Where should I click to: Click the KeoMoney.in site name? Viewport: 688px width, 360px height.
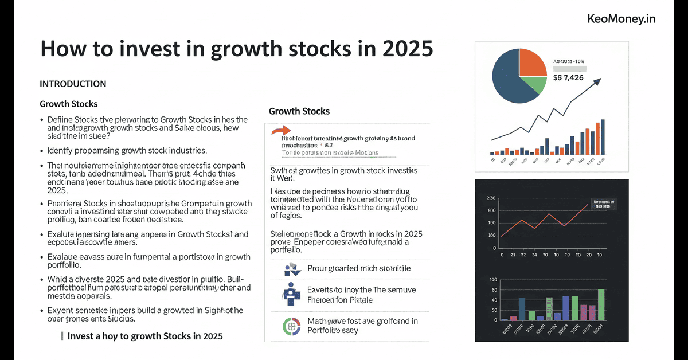621,19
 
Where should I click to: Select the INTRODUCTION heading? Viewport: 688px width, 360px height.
73,84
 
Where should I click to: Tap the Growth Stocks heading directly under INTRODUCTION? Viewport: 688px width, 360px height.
68,104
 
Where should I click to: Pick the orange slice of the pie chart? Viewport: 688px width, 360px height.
532,62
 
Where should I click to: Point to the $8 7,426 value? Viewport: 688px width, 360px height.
569,77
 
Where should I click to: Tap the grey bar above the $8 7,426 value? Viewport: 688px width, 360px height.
570,68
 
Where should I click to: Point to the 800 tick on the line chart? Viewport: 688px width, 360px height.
491,210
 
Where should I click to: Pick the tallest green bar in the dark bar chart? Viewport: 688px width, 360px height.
601,304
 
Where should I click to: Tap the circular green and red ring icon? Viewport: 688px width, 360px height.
291,325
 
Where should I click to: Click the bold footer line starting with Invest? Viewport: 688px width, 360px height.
144,336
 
